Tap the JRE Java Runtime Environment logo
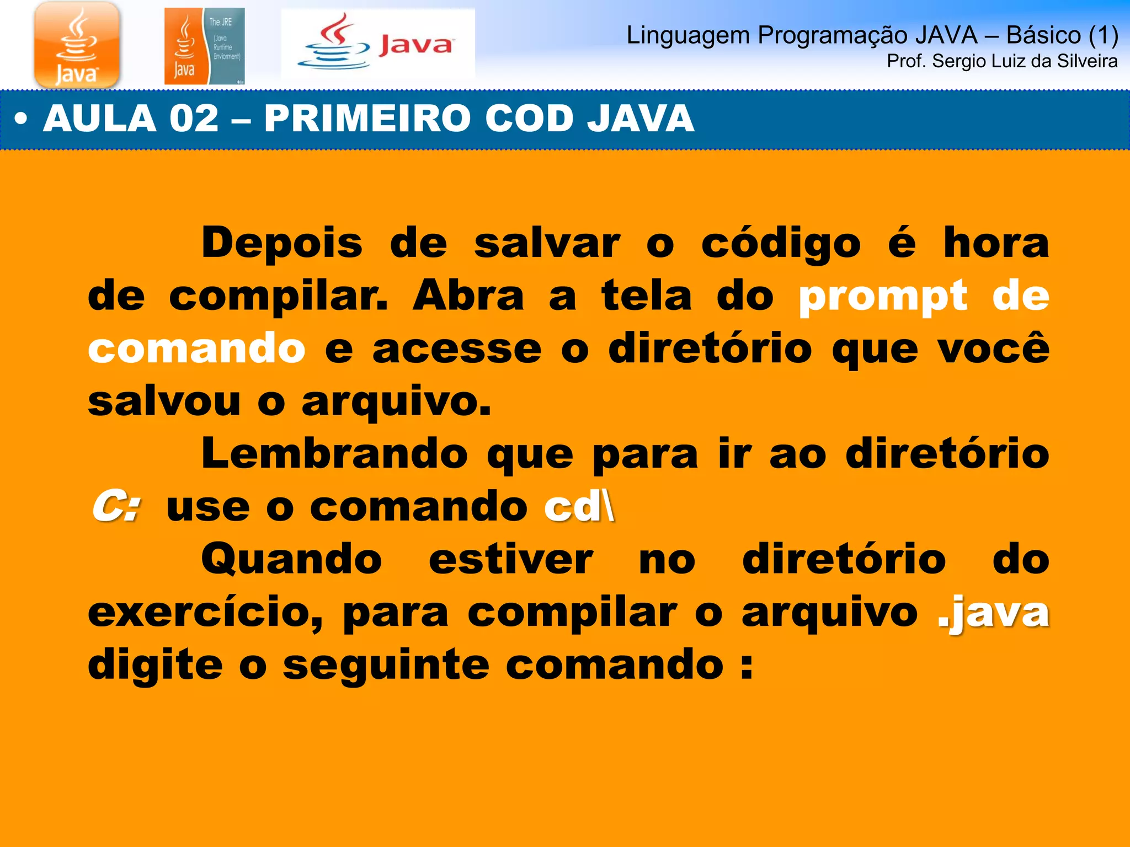[x=204, y=46]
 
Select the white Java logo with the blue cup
[x=378, y=45]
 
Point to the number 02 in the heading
[x=194, y=119]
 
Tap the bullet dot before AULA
[x=21, y=119]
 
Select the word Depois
[x=282, y=243]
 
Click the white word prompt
[x=883, y=296]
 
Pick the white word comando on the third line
[x=196, y=349]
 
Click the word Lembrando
[x=335, y=454]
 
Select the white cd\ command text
[x=579, y=506]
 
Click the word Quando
[x=292, y=559]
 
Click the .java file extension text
[x=993, y=612]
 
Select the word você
[x=993, y=349]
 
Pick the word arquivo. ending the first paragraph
[x=396, y=401]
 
